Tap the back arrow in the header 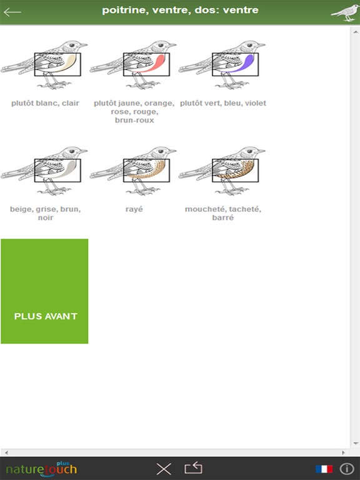12,12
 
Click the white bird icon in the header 345,12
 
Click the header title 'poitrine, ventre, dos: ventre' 180,10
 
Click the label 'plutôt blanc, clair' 45,103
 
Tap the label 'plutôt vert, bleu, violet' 223,103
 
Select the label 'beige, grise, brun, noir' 45,213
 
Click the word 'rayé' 134,209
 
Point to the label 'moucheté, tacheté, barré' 223,213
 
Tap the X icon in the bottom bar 164,469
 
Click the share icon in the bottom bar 194,468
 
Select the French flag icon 324,469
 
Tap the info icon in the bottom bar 347,469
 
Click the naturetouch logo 41,468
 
